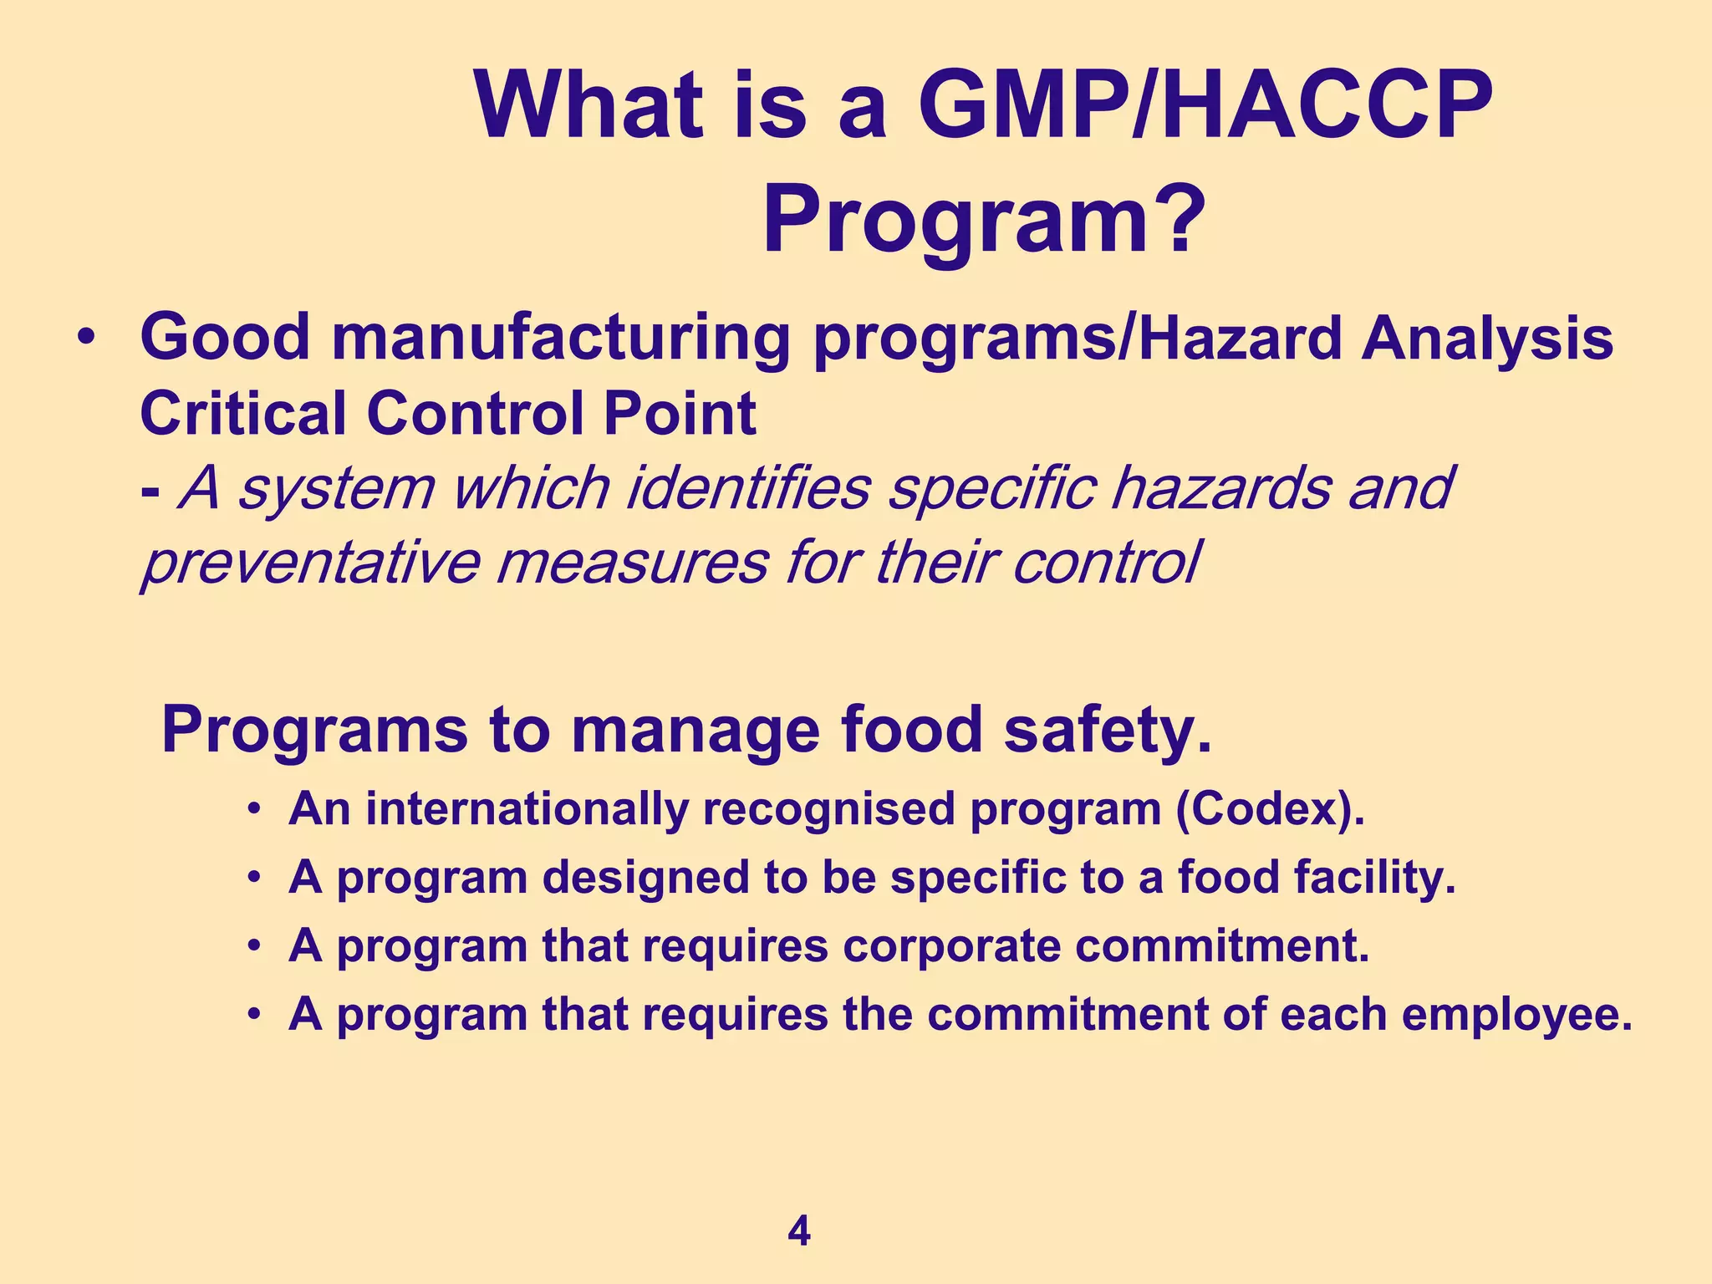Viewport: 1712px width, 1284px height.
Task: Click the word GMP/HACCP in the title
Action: pyautogui.click(x=1205, y=107)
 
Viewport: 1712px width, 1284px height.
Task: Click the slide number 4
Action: pyautogui.click(x=798, y=1232)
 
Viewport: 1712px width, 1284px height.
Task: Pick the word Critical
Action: pyautogui.click(x=243, y=414)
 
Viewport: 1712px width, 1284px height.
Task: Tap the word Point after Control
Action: pyautogui.click(x=677, y=414)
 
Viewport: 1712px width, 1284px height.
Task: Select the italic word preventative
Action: pyautogui.click(x=310, y=563)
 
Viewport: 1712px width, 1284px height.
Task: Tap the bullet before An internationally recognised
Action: pyautogui.click(x=255, y=810)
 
